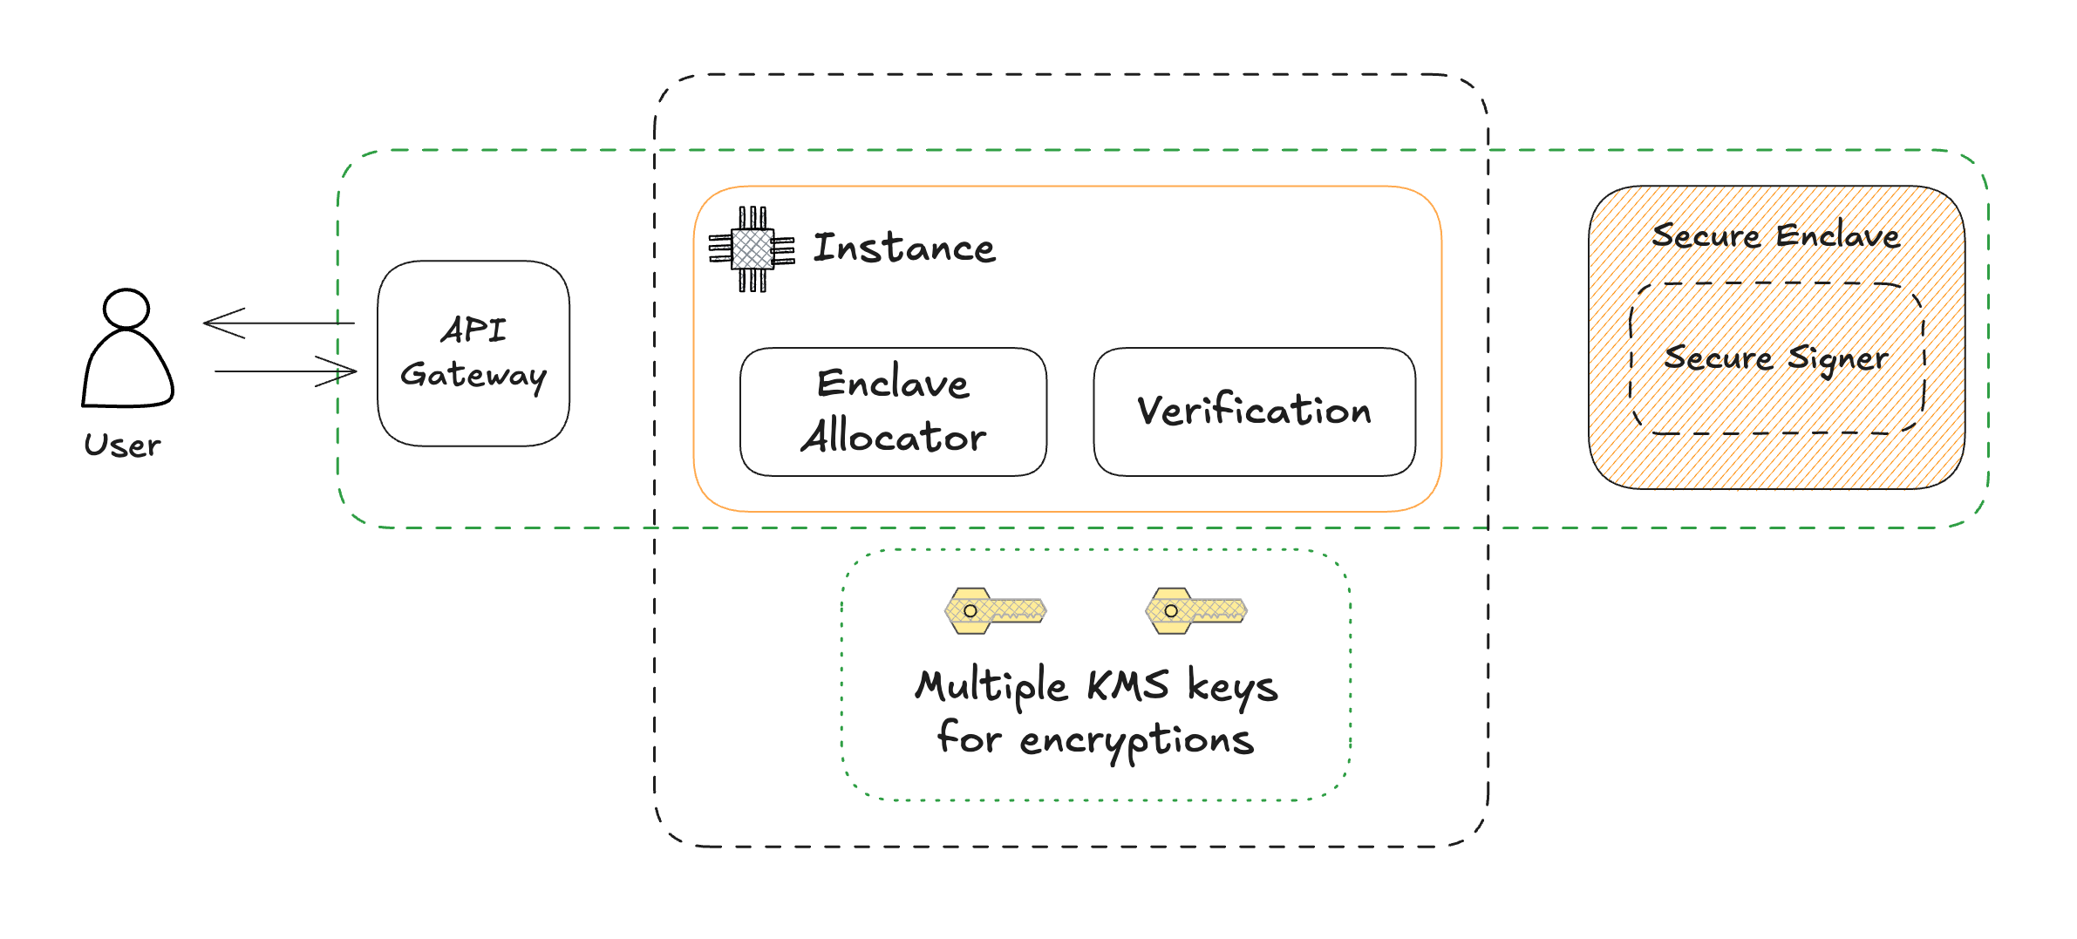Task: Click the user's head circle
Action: pos(126,309)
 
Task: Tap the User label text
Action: pos(122,446)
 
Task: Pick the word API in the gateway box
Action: pos(473,330)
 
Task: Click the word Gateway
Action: pos(473,375)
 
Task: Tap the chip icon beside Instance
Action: pos(752,249)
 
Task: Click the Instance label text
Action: pos(903,248)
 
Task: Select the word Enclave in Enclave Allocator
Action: pos(893,384)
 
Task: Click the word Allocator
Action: pos(893,436)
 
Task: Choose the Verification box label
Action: pos(1254,411)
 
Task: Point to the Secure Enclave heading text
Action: pos(1775,235)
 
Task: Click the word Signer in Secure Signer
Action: pos(1838,358)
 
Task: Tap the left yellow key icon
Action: pos(995,610)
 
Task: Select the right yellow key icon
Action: pos(1195,610)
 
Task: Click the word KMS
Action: pos(1127,685)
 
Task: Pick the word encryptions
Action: pos(1136,740)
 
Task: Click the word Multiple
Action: pos(991,686)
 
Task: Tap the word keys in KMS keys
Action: pos(1232,688)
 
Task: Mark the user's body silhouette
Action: pos(127,371)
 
